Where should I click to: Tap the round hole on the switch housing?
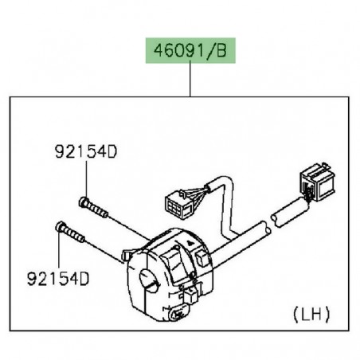(147, 278)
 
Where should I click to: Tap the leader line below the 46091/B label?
(191, 80)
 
